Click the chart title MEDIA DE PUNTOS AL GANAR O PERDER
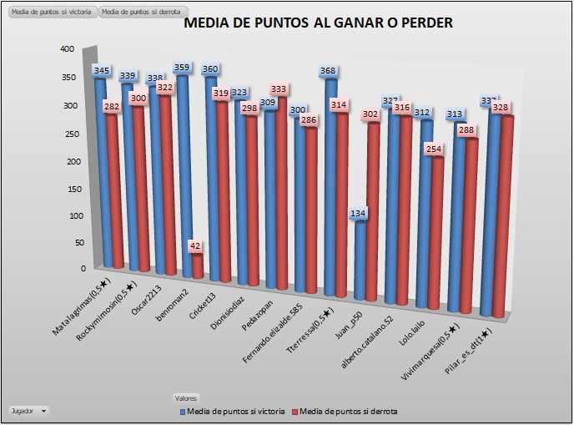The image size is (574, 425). pos(318,23)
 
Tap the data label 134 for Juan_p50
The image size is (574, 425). pos(358,214)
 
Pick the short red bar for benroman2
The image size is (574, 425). pos(198,266)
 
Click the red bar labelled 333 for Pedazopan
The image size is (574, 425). pos(279,192)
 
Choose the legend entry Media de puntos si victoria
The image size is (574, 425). pos(233,412)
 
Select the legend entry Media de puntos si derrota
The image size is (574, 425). pos(348,412)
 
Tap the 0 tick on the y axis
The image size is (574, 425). pos(83,268)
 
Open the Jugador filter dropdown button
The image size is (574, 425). pos(29,410)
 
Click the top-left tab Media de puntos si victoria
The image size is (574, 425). pos(51,13)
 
